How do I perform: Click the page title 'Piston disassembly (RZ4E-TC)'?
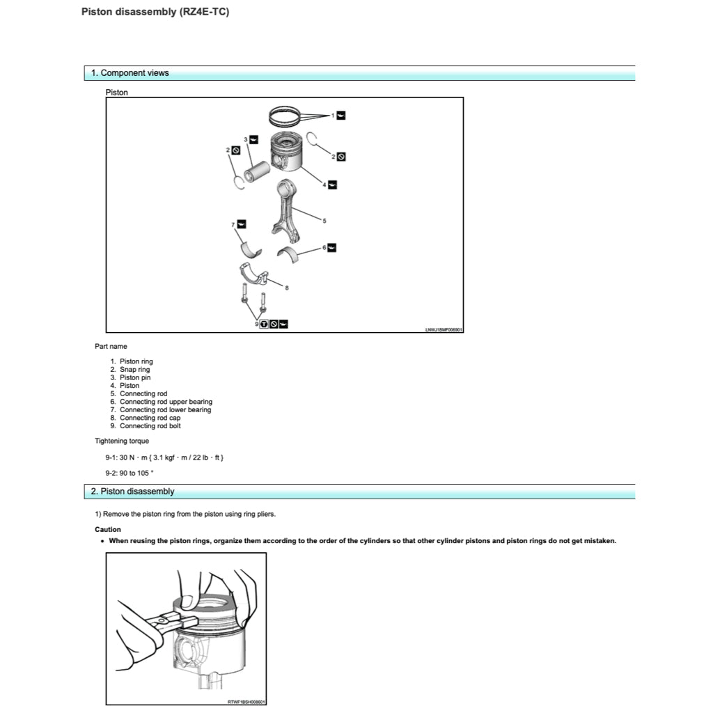coord(155,12)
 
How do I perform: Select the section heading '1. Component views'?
coord(130,73)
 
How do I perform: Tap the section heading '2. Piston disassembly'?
coord(132,492)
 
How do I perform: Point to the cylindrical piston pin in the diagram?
coord(257,170)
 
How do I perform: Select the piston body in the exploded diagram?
coord(285,152)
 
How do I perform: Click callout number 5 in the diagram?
coord(324,221)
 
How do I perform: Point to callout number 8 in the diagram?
coord(286,288)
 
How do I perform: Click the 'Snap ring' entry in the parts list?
coord(134,370)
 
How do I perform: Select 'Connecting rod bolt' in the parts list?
coord(150,426)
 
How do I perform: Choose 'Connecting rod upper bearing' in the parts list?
coord(166,402)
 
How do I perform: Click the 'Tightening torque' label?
coord(122,441)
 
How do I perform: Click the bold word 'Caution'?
coord(108,529)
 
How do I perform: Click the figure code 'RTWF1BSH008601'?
coord(246,702)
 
